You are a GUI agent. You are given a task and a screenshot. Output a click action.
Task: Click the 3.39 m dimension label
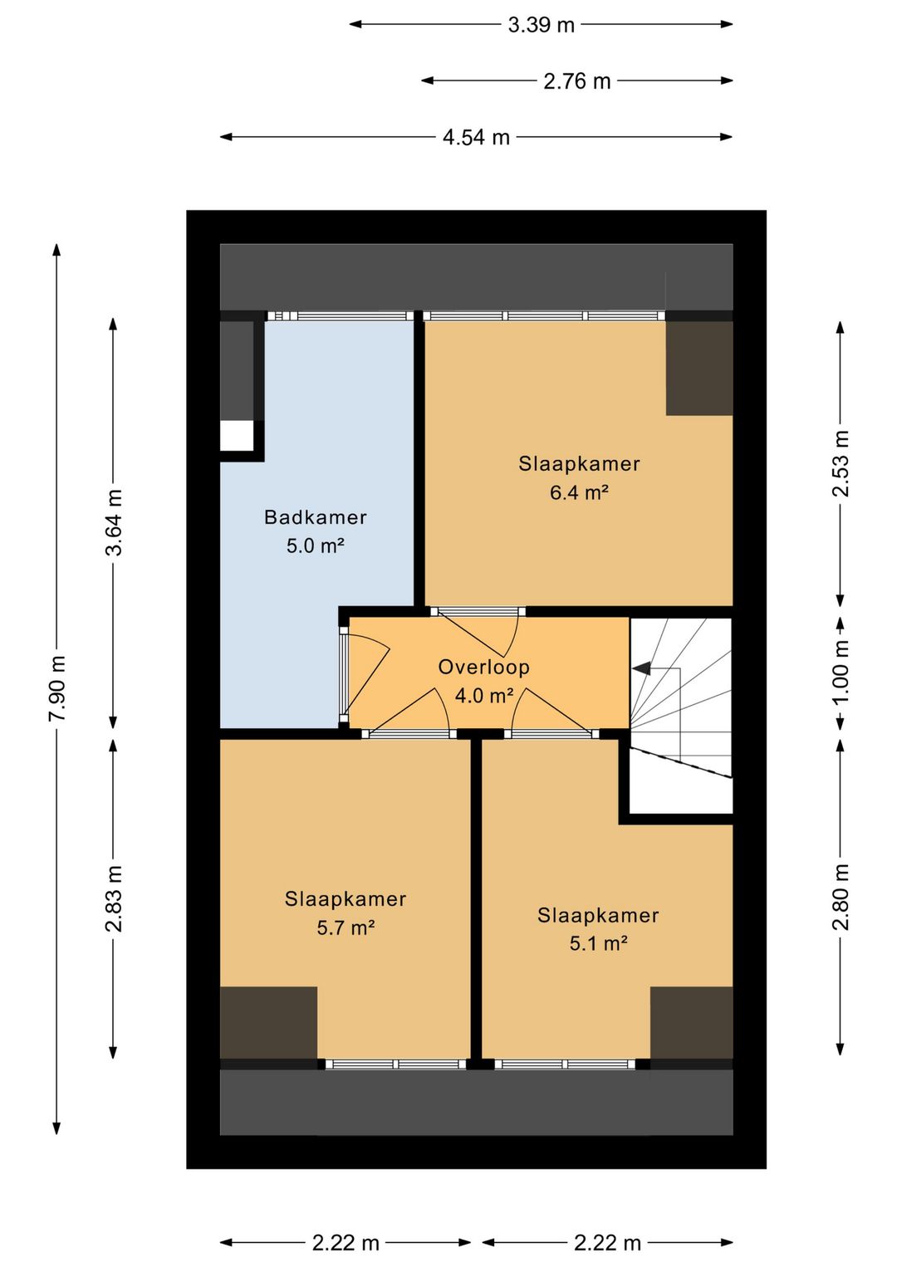click(541, 25)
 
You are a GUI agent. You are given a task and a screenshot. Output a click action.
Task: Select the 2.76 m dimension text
click(576, 81)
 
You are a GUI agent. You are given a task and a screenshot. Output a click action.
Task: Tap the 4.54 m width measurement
click(476, 138)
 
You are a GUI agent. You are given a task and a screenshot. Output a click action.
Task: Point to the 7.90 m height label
click(57, 687)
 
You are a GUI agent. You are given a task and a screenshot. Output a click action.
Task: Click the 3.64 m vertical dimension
click(114, 522)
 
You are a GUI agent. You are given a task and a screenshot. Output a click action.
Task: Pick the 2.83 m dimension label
click(114, 898)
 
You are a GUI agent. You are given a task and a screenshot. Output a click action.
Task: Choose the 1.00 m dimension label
click(841, 671)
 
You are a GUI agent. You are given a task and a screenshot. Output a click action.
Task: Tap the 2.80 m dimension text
click(841, 897)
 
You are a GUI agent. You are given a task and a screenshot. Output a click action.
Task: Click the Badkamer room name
click(316, 517)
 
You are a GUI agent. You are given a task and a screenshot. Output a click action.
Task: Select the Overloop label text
click(484, 667)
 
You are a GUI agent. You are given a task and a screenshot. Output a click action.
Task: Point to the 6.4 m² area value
click(579, 492)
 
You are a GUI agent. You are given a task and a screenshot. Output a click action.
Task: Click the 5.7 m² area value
click(346, 928)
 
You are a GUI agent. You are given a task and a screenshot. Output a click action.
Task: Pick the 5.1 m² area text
click(598, 943)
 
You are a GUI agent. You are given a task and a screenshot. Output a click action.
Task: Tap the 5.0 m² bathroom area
click(316, 545)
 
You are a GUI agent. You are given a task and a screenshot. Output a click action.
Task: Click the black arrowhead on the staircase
click(641, 668)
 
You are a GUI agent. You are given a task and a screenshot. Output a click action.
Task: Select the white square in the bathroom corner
click(237, 436)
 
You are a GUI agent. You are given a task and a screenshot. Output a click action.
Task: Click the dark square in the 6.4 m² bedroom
click(699, 368)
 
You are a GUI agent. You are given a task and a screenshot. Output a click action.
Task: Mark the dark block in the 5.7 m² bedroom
click(268, 1022)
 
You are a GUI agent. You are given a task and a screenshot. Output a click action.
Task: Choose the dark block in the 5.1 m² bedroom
click(691, 1022)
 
